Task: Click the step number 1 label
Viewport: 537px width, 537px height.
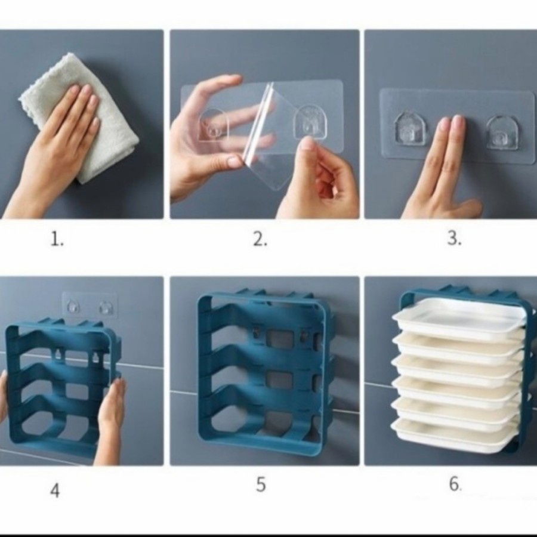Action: point(57,239)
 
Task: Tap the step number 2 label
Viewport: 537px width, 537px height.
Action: point(260,239)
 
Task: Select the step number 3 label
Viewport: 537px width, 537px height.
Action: point(455,237)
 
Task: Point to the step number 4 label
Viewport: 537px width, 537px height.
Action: point(55,490)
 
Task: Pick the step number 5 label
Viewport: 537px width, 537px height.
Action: point(261,484)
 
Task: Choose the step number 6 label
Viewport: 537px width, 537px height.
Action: point(455,484)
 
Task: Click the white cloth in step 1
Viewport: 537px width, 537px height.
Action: point(79,116)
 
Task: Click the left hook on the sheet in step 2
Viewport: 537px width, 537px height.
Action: point(213,125)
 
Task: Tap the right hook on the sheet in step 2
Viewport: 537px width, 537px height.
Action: point(309,121)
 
